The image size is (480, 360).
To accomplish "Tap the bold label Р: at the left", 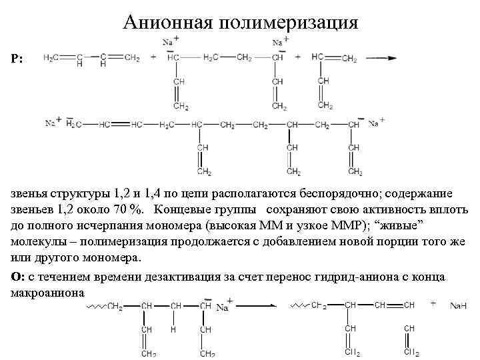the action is pyautogui.click(x=17, y=59).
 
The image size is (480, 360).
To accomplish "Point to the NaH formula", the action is pyautogui.click(x=458, y=306).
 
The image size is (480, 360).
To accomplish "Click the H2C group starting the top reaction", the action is pyautogui.click(x=51, y=58).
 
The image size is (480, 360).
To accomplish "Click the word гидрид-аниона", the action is pyautogui.click(x=342, y=277).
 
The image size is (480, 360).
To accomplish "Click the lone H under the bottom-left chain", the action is pyautogui.click(x=172, y=329).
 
